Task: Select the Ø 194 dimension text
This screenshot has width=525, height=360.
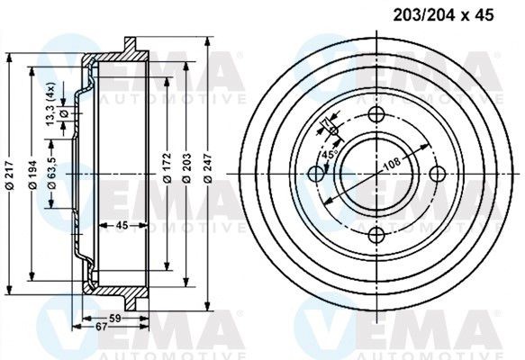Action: [33, 171]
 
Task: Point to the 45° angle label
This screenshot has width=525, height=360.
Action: [329, 155]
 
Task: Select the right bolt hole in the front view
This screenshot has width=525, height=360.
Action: [438, 174]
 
